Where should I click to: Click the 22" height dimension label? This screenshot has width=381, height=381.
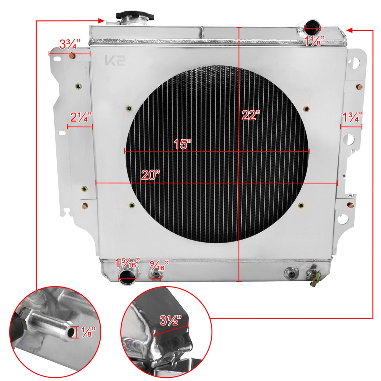(251, 116)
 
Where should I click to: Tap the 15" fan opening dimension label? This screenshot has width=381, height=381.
(182, 144)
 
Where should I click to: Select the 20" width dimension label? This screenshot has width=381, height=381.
(151, 175)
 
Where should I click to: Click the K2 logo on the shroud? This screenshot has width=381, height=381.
(115, 61)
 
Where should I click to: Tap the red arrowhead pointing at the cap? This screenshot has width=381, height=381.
(101, 21)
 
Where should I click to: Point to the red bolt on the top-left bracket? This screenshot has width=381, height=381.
(72, 56)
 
